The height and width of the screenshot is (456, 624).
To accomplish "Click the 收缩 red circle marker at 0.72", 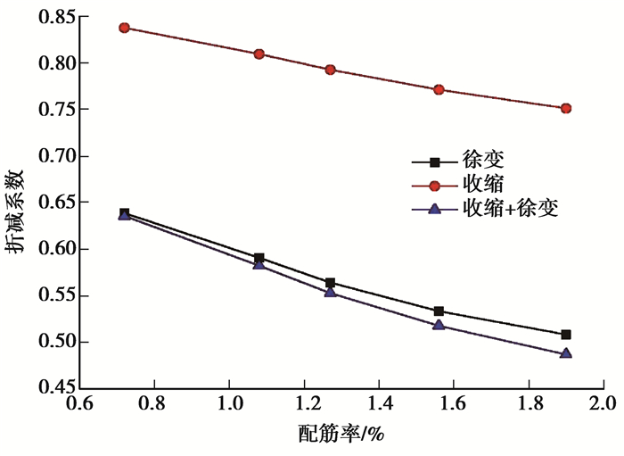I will tap(125, 28).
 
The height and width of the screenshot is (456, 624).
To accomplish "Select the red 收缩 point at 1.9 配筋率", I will tap(566, 108).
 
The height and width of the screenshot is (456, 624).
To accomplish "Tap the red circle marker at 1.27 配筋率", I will tap(330, 70).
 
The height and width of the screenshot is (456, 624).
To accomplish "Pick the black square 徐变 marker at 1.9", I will tap(566, 335).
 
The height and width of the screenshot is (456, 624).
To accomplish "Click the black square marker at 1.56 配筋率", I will tap(439, 311).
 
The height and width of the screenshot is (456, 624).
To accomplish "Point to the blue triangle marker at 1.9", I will tap(566, 353).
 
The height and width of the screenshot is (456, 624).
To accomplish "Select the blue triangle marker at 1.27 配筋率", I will tap(330, 292).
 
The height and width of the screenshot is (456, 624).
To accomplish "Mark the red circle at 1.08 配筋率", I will tap(259, 54).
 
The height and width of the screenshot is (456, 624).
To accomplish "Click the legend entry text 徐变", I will tap(483, 162).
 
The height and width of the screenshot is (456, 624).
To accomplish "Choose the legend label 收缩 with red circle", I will tap(483, 185).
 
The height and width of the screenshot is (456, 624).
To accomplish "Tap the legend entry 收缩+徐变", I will tap(512, 208).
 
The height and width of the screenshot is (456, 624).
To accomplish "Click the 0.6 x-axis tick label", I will tap(79, 409).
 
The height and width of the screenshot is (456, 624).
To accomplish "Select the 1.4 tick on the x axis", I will tap(378, 409).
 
